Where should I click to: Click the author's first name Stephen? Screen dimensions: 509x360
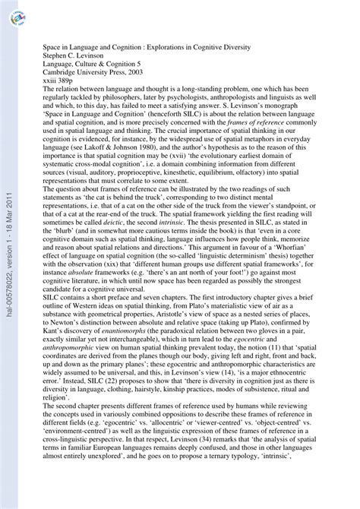(54, 55)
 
